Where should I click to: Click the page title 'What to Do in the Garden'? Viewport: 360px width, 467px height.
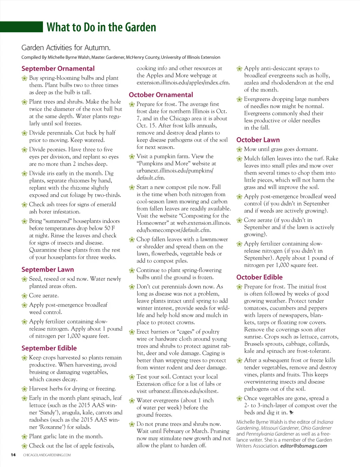click(x=101, y=27)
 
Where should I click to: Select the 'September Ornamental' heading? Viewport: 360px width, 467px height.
click(x=58, y=69)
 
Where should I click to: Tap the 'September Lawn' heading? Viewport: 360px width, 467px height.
click(x=47, y=270)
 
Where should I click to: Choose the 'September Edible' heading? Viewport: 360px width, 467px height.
click(x=49, y=348)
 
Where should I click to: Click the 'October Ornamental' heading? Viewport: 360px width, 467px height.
click(x=161, y=95)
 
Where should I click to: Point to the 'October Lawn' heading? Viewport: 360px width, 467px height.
click(x=258, y=140)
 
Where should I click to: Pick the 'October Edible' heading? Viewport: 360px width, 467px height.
click(x=259, y=277)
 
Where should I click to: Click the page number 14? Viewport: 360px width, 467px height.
click(x=13, y=455)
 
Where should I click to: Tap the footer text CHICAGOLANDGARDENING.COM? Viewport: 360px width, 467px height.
click(x=47, y=455)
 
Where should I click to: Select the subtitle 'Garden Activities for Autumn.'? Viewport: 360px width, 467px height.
click(x=66, y=47)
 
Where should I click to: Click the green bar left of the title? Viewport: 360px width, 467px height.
click(x=21, y=27)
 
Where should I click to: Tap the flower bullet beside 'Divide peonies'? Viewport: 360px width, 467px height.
click(x=24, y=150)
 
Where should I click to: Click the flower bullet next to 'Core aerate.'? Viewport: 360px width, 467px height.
click(x=24, y=296)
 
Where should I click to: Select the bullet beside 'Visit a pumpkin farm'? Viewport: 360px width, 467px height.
click(x=132, y=156)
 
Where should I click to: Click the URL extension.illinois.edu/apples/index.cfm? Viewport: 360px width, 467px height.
click(x=183, y=83)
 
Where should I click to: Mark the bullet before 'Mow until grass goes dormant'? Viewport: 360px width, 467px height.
click(x=239, y=149)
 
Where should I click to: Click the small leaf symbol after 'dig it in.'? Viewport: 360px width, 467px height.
click(x=291, y=413)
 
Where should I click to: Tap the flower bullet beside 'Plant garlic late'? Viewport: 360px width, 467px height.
click(x=24, y=437)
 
